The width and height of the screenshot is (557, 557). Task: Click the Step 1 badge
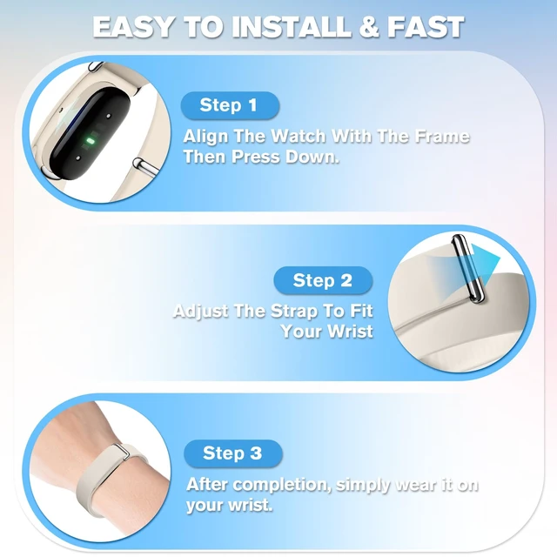[230, 105]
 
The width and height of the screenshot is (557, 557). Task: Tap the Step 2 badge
[323, 280]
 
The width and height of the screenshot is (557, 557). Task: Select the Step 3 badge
[233, 453]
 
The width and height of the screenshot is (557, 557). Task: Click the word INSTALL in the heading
[292, 27]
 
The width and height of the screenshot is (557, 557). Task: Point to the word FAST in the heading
[426, 27]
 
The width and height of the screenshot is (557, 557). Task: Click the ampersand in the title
[369, 27]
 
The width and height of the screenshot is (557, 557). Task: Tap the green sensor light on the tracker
[91, 141]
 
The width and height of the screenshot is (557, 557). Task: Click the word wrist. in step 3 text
[250, 505]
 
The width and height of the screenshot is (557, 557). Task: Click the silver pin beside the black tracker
[145, 166]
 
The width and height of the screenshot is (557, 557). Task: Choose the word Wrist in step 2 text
[350, 331]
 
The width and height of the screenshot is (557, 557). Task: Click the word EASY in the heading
[133, 27]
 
